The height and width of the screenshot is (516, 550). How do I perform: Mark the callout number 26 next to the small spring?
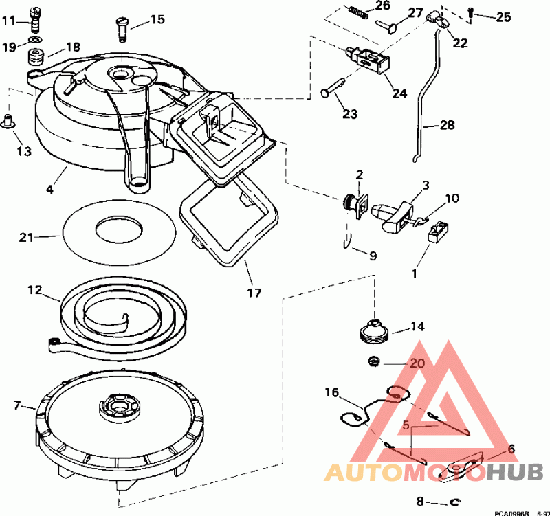pyautogui.click(x=382, y=6)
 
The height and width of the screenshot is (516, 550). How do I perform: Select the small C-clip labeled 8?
pyautogui.click(x=453, y=502)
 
